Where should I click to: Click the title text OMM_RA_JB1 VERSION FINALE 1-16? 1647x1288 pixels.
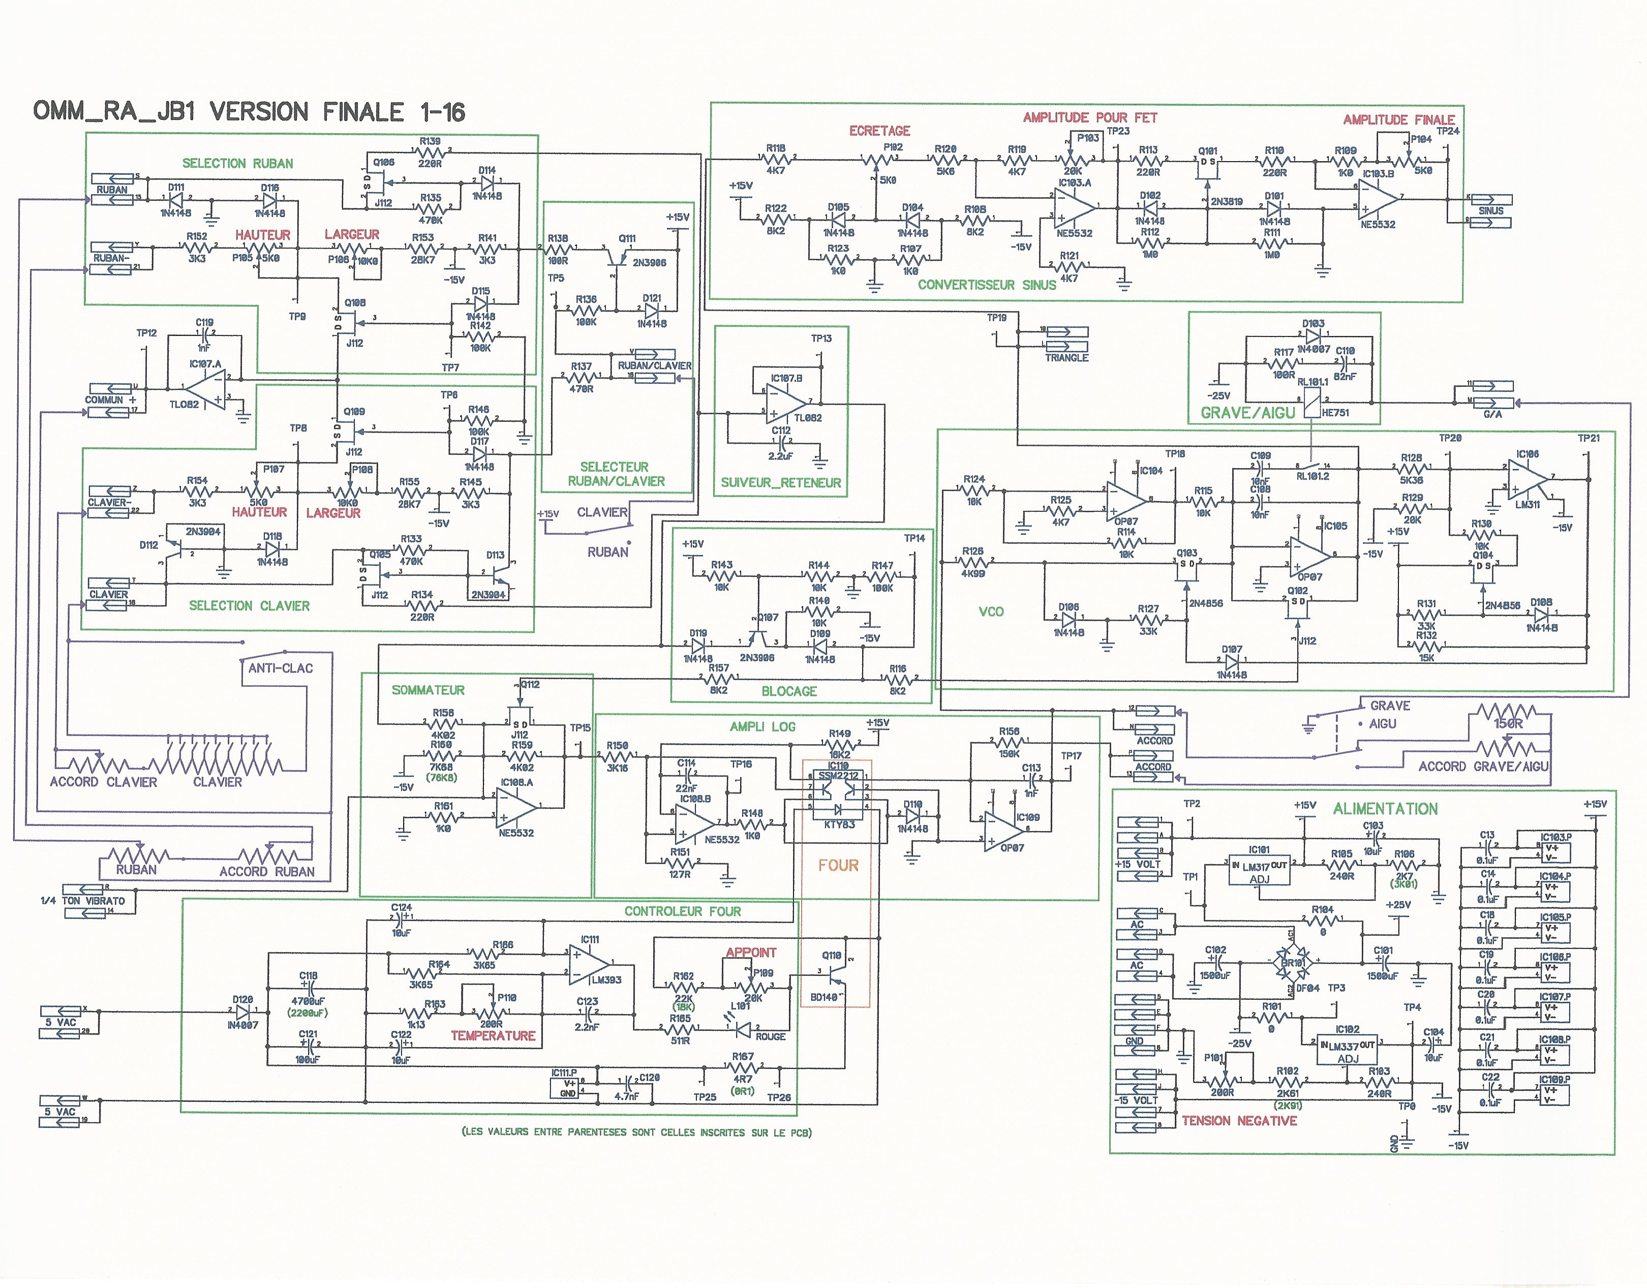tap(249, 112)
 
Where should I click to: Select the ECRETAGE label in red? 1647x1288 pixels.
tap(879, 131)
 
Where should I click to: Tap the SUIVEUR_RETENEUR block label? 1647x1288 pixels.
tap(780, 483)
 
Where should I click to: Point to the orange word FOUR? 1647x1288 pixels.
tap(838, 865)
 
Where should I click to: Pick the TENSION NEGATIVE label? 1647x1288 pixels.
tap(1239, 1121)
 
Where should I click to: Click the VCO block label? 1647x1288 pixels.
tap(991, 611)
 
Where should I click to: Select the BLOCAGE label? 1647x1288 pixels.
tap(789, 691)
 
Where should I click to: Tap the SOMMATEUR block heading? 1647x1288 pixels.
tap(428, 690)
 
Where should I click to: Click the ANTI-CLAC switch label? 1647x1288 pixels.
tap(281, 668)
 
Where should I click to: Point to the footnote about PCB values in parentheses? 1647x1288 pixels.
tap(636, 1132)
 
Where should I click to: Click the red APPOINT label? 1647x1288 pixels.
tap(750, 953)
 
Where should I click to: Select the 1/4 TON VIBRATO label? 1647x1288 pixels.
tap(83, 900)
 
